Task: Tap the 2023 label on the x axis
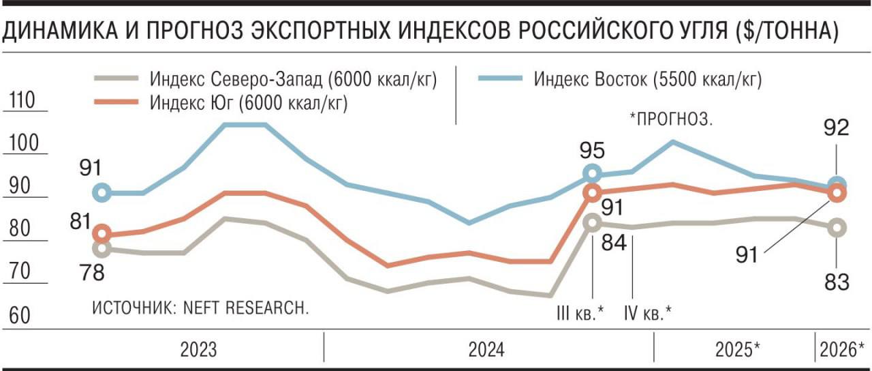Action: click(198, 351)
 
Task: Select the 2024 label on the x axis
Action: click(486, 351)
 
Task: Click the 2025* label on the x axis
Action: click(738, 351)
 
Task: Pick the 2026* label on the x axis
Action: click(843, 351)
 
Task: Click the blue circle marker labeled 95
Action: click(592, 174)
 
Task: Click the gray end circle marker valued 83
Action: click(837, 228)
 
